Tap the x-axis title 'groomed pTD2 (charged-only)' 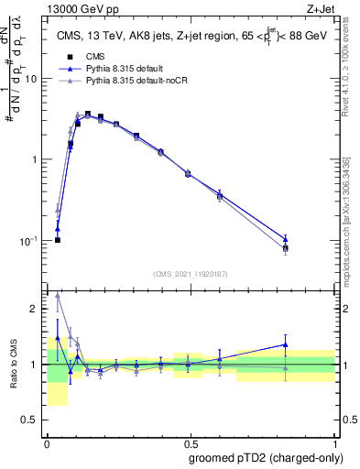[x=267, y=458]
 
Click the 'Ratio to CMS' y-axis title [x=13, y=365]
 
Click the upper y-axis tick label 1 [x=34, y=159]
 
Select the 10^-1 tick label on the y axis [x=29, y=240]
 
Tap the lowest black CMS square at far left [x=58, y=240]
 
